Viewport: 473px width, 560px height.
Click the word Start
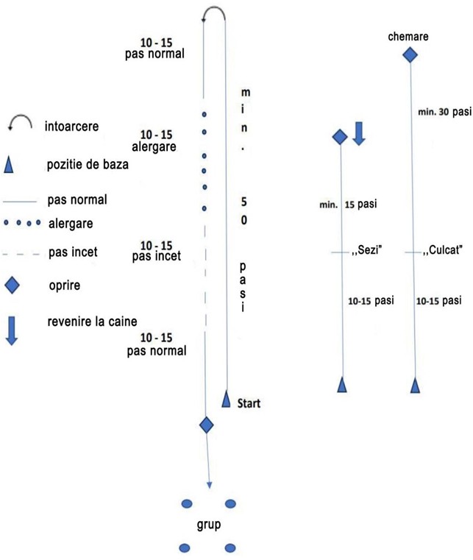point(250,403)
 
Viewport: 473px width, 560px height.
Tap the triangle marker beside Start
point(227,400)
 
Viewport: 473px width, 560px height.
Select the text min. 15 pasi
point(349,203)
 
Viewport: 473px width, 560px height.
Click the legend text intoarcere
point(71,126)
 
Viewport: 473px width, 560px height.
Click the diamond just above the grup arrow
point(207,425)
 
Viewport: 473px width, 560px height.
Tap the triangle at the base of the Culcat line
point(416,384)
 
